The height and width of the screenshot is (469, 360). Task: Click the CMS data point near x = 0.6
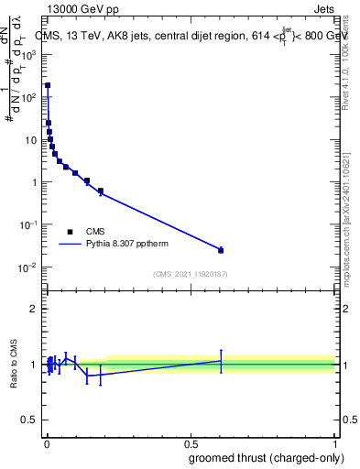(x=221, y=250)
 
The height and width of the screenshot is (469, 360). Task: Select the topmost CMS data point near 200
(x=48, y=85)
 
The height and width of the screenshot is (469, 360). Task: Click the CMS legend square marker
(x=70, y=232)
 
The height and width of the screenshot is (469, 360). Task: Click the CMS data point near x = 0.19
(x=100, y=191)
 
